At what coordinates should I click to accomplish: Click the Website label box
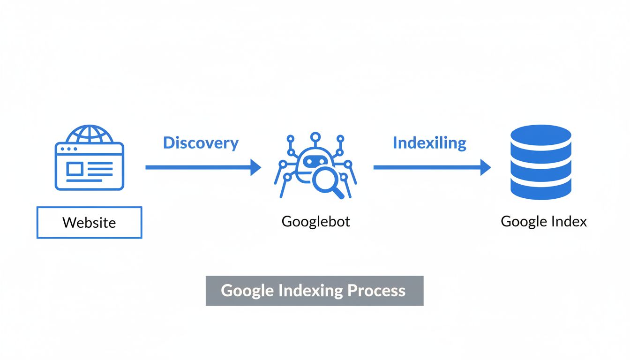click(x=89, y=222)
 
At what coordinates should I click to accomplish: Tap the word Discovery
click(x=201, y=143)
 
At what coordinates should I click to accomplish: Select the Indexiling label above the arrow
click(x=429, y=143)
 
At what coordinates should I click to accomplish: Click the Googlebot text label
click(x=315, y=221)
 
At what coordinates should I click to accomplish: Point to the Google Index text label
click(x=544, y=221)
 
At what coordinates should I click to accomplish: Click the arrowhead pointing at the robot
click(x=255, y=167)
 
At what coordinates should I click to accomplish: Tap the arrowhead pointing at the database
click(x=486, y=167)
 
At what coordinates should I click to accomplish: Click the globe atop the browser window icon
click(x=89, y=135)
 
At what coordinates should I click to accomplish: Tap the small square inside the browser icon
click(x=74, y=168)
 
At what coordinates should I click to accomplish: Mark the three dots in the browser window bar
click(x=69, y=149)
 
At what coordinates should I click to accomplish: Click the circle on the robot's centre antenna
click(x=315, y=136)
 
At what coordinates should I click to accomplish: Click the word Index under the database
click(x=568, y=221)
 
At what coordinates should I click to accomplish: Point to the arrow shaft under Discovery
click(x=197, y=167)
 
